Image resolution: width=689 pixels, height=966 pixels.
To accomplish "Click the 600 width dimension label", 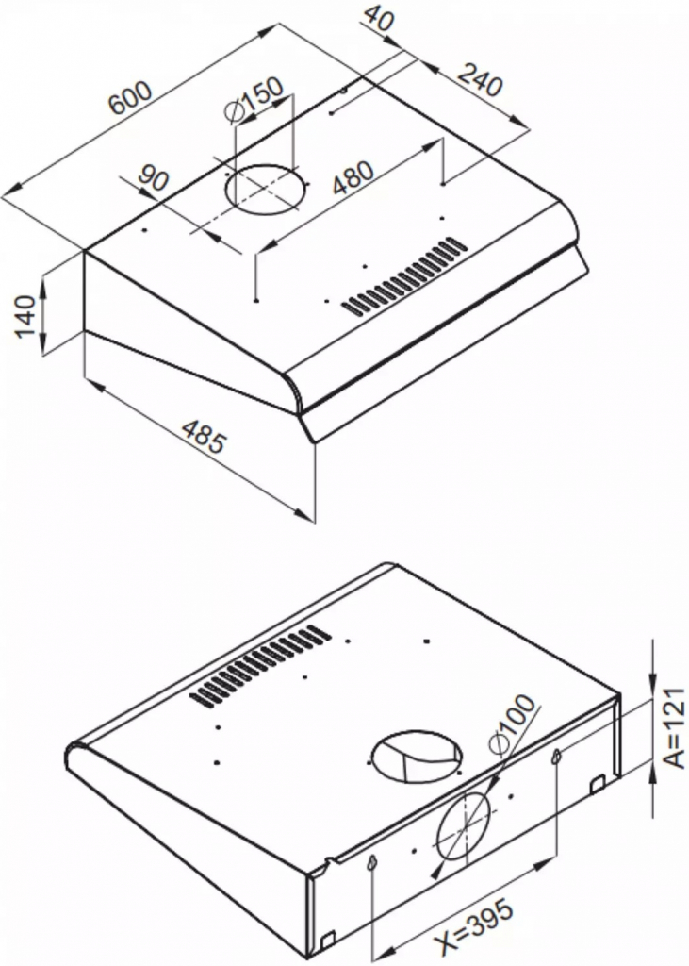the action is (130, 97).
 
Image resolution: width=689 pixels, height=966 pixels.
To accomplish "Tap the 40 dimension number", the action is (378, 18).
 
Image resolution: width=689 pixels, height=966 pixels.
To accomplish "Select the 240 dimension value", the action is (481, 80).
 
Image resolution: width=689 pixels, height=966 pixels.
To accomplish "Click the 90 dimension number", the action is (153, 177).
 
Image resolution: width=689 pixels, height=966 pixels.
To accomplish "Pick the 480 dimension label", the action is (353, 177).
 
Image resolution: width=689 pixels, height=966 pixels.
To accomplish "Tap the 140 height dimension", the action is (25, 317).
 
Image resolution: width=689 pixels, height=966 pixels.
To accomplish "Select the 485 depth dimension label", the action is (205, 436).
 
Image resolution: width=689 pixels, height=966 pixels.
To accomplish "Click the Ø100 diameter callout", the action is (511, 723).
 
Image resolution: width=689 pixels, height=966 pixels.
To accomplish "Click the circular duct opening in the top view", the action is (266, 188).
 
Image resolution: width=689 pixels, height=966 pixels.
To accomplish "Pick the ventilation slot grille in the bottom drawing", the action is (260, 666).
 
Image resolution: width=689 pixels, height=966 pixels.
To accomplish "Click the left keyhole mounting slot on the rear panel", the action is (371, 864).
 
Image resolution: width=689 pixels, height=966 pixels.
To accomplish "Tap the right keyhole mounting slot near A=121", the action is (557, 756).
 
